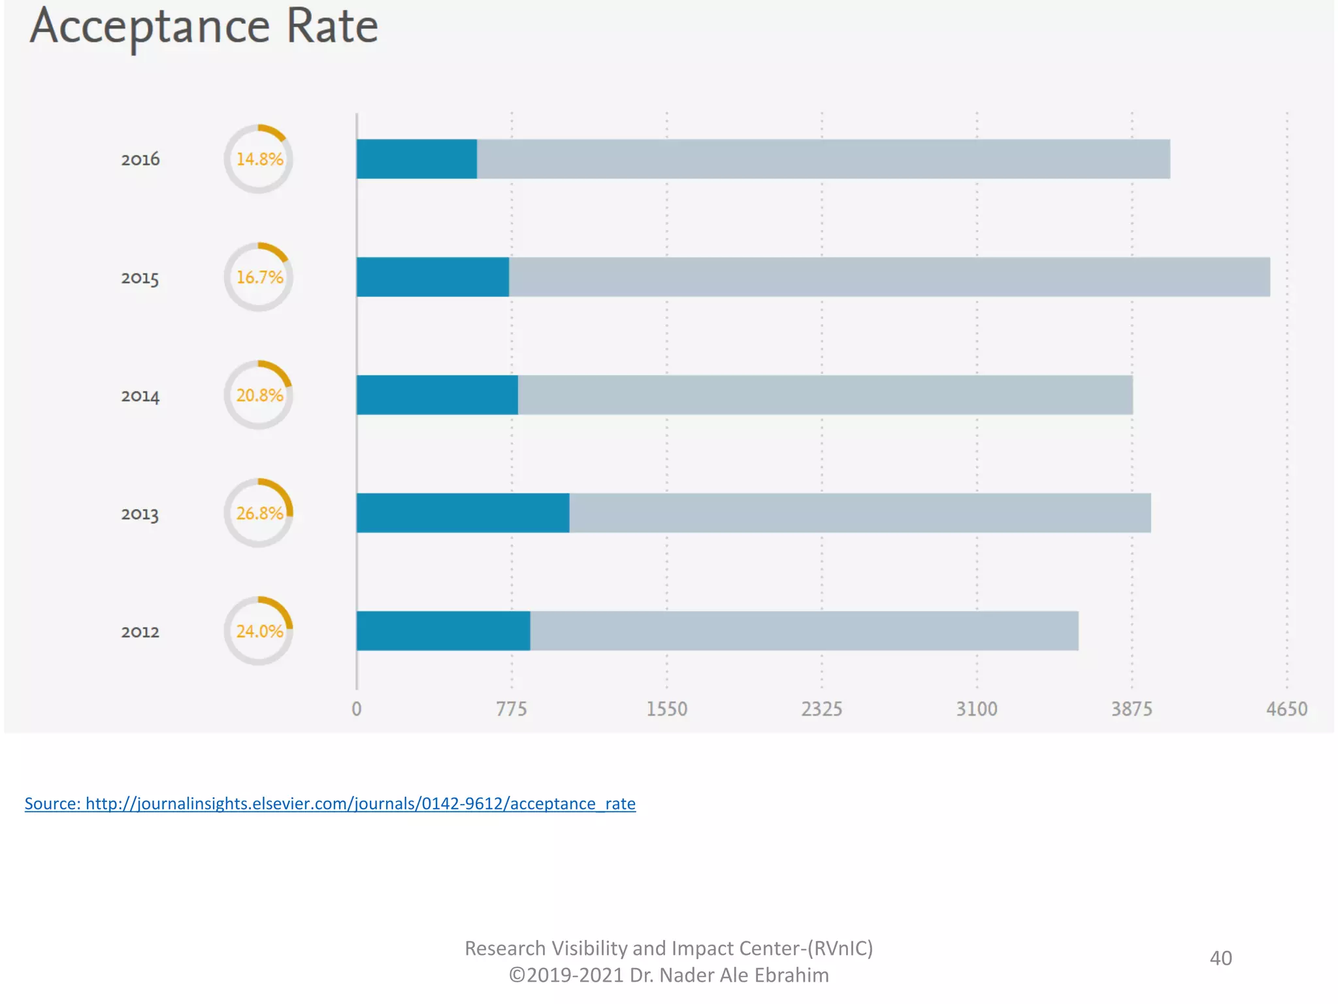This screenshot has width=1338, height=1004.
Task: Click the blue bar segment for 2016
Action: coord(416,159)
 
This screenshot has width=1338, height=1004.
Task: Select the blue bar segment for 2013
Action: coord(463,513)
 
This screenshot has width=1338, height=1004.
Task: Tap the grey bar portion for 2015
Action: coord(889,277)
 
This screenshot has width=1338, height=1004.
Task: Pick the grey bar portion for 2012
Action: coord(804,631)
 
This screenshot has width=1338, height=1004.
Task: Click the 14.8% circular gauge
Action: coord(259,159)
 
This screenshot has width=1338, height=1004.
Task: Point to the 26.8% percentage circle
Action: coord(259,513)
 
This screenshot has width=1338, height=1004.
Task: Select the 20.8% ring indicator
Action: coord(259,395)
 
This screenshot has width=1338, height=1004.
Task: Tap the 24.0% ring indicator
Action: coord(259,631)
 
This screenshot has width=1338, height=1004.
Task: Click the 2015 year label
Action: coord(140,278)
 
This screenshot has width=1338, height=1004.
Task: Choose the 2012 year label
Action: coord(140,631)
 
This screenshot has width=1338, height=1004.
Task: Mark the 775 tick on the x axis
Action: coord(511,709)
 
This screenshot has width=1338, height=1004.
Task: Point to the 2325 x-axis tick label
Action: coord(821,709)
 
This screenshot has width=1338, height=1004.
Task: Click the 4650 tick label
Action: coord(1286,709)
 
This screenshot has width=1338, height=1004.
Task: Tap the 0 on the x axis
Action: coord(356,709)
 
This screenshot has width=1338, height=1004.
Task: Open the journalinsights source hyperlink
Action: coord(330,803)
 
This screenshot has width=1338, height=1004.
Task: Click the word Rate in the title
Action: coord(332,27)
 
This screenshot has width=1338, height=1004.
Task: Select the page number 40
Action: coord(1220,958)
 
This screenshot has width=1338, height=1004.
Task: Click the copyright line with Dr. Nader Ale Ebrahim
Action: coord(668,975)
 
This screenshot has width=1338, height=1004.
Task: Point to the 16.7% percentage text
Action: coord(259,277)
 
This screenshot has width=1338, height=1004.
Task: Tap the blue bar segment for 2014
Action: coord(437,395)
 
